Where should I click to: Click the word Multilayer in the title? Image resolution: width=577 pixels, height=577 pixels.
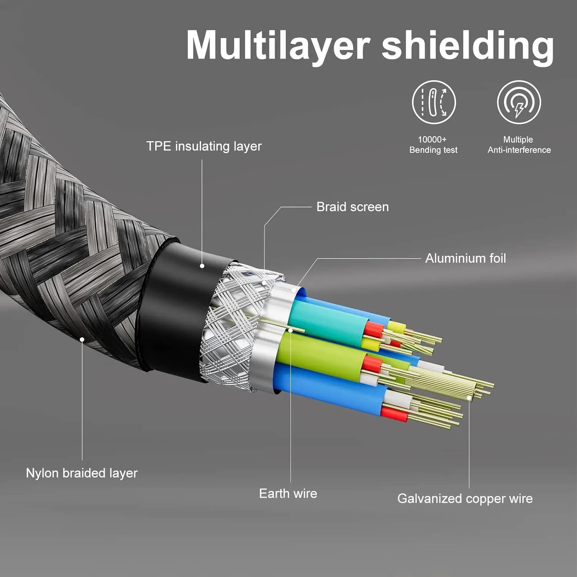click(278, 45)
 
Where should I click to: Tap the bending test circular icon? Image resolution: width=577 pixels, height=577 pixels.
click(434, 102)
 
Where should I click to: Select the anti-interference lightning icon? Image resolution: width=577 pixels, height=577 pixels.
click(519, 102)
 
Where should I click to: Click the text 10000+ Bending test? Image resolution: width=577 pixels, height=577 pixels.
click(433, 145)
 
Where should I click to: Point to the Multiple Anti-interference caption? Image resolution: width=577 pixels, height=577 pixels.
click(519, 145)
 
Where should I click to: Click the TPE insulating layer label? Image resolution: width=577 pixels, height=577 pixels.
click(204, 146)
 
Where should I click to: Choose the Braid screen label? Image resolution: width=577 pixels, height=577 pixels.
click(352, 207)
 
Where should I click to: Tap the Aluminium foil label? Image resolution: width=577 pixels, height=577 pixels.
click(465, 258)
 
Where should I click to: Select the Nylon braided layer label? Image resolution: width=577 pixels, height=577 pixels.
click(82, 473)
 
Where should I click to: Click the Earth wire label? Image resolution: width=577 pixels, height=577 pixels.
click(288, 493)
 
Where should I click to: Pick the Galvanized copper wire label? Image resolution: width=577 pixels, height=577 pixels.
click(465, 499)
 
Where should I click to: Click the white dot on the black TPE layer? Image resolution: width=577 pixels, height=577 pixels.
click(202, 266)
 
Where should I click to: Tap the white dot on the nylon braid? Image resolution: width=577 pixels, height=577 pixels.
click(82, 339)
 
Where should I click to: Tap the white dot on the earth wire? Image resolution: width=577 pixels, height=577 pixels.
click(290, 330)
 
